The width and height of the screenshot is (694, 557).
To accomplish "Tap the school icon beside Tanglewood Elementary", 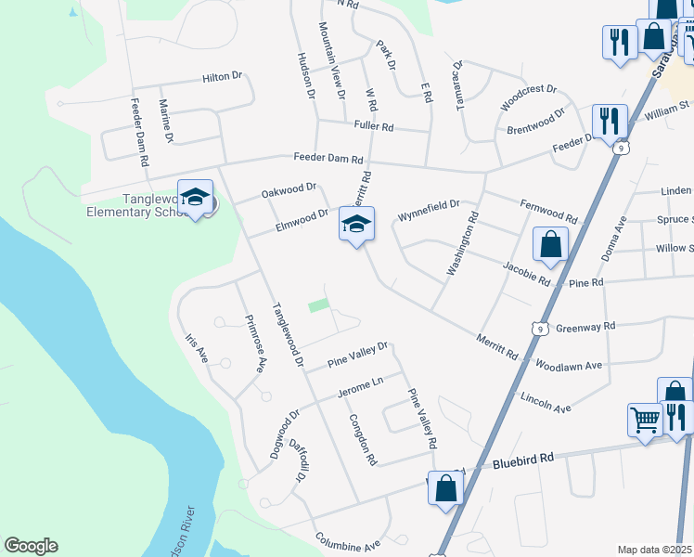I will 196,197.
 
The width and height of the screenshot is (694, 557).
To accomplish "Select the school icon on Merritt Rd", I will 357,224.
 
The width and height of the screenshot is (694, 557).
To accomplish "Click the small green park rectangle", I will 318,305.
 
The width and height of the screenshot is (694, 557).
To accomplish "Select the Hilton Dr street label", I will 222,79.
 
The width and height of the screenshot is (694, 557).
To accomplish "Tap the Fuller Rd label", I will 374,126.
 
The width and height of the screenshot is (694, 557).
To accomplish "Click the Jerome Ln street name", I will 360,384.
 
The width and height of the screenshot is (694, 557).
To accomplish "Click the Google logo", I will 31,546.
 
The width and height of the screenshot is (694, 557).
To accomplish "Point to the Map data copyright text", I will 655,550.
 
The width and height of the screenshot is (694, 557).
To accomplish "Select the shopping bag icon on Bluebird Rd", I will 445,486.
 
